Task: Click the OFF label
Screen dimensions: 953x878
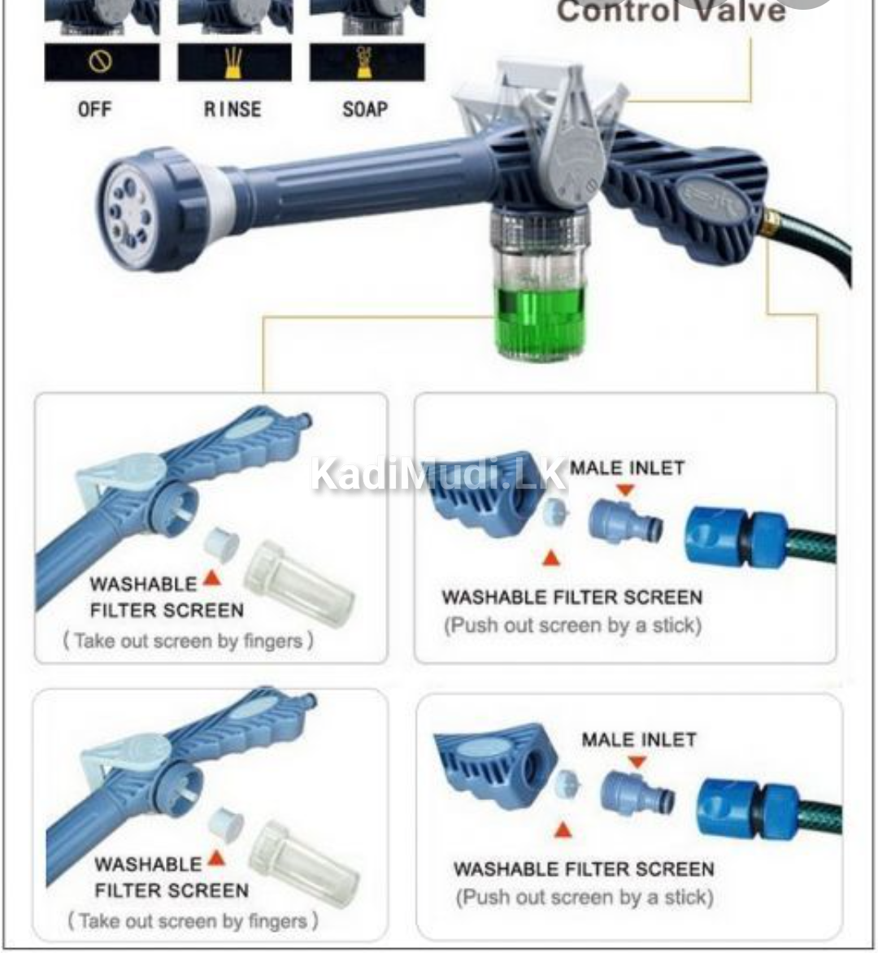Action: (x=94, y=110)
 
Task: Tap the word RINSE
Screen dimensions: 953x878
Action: (x=233, y=110)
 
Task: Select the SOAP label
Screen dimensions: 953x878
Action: (x=365, y=110)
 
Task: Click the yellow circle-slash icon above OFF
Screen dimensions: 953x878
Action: (x=101, y=63)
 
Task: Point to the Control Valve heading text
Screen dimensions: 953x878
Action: (x=671, y=11)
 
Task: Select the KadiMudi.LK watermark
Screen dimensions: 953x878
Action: (x=439, y=474)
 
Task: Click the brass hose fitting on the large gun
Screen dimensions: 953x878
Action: (x=771, y=221)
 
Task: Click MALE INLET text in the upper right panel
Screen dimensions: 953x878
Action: (x=627, y=468)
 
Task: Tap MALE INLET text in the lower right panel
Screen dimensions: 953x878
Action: (x=639, y=740)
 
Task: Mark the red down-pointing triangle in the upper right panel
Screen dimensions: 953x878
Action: (x=624, y=490)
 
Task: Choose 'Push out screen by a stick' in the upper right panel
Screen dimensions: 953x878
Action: (x=572, y=626)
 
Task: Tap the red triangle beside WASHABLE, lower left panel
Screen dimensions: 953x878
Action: (x=215, y=858)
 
